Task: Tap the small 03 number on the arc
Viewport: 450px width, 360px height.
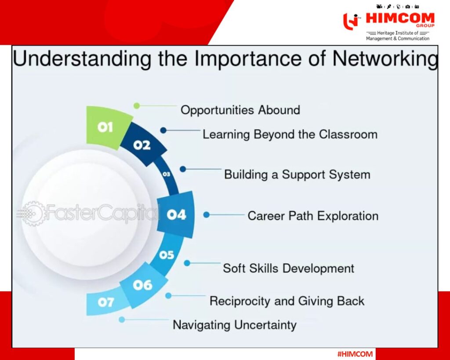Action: click(166, 174)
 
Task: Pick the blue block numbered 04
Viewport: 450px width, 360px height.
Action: click(176, 215)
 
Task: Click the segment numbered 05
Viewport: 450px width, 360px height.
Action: click(167, 255)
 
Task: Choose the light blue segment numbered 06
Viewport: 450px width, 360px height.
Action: click(143, 285)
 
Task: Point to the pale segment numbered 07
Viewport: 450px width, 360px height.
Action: click(105, 302)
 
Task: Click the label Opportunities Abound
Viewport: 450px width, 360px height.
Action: click(240, 110)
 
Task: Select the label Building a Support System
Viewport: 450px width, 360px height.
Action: click(297, 175)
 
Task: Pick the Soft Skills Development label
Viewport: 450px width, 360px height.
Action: click(288, 269)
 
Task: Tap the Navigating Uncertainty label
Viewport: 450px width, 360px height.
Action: click(235, 325)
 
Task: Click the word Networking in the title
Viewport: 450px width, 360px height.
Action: click(385, 58)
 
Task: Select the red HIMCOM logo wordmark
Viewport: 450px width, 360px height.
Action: click(400, 18)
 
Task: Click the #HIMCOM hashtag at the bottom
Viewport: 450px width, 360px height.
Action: click(355, 354)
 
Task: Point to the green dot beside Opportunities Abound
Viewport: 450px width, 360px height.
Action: click(137, 105)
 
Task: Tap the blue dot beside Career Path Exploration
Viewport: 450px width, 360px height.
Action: click(207, 215)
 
